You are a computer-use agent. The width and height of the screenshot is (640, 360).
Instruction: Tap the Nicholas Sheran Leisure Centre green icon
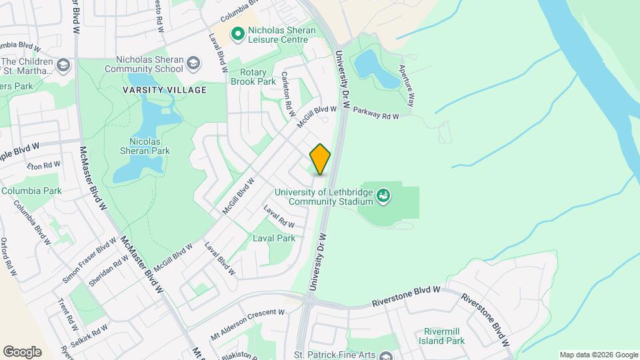[236, 33]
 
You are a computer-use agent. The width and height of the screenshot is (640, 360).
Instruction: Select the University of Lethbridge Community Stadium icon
[383, 195]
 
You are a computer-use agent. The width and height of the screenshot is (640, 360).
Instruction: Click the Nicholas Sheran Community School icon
[193, 63]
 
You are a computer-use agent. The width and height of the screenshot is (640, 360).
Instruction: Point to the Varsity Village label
[164, 89]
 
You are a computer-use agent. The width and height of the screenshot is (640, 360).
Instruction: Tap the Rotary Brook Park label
[253, 77]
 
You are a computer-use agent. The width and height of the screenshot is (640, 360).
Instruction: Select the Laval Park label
[274, 238]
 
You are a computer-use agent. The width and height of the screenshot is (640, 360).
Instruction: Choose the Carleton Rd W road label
[286, 90]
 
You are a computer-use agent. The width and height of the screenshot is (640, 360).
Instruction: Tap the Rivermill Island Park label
[444, 336]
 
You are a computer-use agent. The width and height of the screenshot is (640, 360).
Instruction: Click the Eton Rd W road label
[43, 165]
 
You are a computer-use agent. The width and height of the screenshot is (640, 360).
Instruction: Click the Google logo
[22, 352]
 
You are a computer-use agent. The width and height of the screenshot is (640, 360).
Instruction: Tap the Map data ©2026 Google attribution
[597, 355]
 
